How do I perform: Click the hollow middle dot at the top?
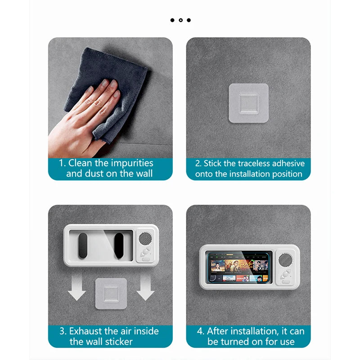point(180,20)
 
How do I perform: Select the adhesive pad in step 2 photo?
point(248,103)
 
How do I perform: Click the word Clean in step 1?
point(82,163)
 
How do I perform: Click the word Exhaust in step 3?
point(88,331)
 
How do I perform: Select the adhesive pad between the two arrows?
point(111,293)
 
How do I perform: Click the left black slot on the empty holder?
point(83,246)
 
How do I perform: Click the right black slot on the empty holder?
point(119,246)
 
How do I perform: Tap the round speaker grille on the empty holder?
point(145,239)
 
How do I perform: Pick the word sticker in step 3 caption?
point(119,342)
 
